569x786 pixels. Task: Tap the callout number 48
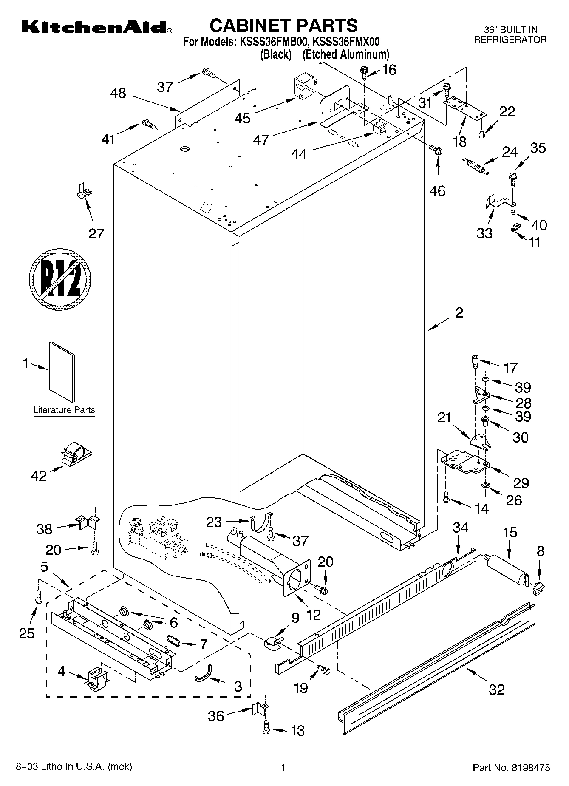pos(118,93)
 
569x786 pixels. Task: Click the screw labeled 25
pos(38,596)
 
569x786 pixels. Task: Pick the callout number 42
pos(39,476)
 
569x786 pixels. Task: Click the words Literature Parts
pos(64,410)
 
